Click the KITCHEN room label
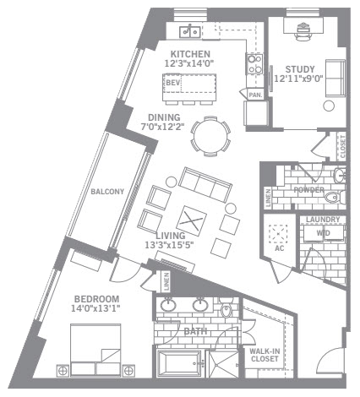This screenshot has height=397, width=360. point(190,54)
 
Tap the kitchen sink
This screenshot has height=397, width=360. point(190,31)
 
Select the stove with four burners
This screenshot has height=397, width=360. point(254,64)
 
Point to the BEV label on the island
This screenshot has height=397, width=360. point(172,83)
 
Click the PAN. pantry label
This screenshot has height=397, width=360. point(255,95)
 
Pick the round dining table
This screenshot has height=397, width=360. point(210,136)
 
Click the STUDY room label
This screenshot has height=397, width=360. point(300,69)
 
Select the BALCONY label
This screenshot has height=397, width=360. point(107,192)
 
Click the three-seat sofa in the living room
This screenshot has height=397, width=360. point(205,185)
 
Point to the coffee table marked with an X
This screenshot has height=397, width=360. point(191,220)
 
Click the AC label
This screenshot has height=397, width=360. point(280,248)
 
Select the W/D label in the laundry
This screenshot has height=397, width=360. point(323,233)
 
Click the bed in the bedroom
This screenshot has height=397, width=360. point(95,350)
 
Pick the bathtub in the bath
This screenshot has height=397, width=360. point(179,363)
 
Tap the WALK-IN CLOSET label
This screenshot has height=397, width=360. point(265,355)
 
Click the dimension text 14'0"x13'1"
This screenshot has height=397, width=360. point(95,308)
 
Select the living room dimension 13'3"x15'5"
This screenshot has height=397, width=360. point(169,245)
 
